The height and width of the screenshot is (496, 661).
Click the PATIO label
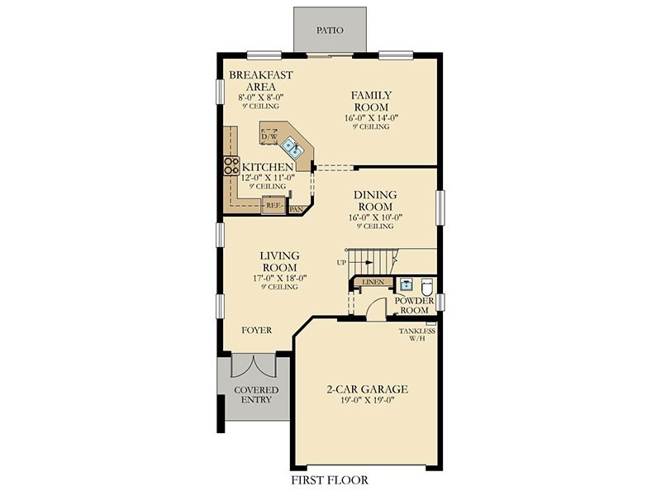[330, 30]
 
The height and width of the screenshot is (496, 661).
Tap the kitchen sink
[291, 146]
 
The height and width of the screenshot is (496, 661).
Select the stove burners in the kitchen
[231, 166]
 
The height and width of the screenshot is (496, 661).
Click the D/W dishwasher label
[269, 137]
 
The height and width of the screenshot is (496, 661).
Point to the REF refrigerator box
[273, 205]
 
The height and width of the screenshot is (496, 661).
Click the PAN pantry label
[296, 209]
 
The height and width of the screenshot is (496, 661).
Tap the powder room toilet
[427, 287]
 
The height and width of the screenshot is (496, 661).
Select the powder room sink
[406, 285]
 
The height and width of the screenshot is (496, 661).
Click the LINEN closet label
[373, 282]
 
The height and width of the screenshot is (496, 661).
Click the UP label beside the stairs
[341, 262]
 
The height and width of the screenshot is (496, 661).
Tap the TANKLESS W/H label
[417, 335]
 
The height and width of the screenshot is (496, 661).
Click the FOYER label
[257, 330]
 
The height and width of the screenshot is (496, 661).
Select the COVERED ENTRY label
[256, 395]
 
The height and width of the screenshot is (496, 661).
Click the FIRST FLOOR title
[330, 480]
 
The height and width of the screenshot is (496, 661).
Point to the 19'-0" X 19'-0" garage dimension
[367, 400]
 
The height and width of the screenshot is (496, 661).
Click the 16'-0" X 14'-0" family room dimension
[371, 118]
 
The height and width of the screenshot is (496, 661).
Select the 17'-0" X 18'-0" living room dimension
[279, 279]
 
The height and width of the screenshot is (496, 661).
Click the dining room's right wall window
[440, 207]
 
